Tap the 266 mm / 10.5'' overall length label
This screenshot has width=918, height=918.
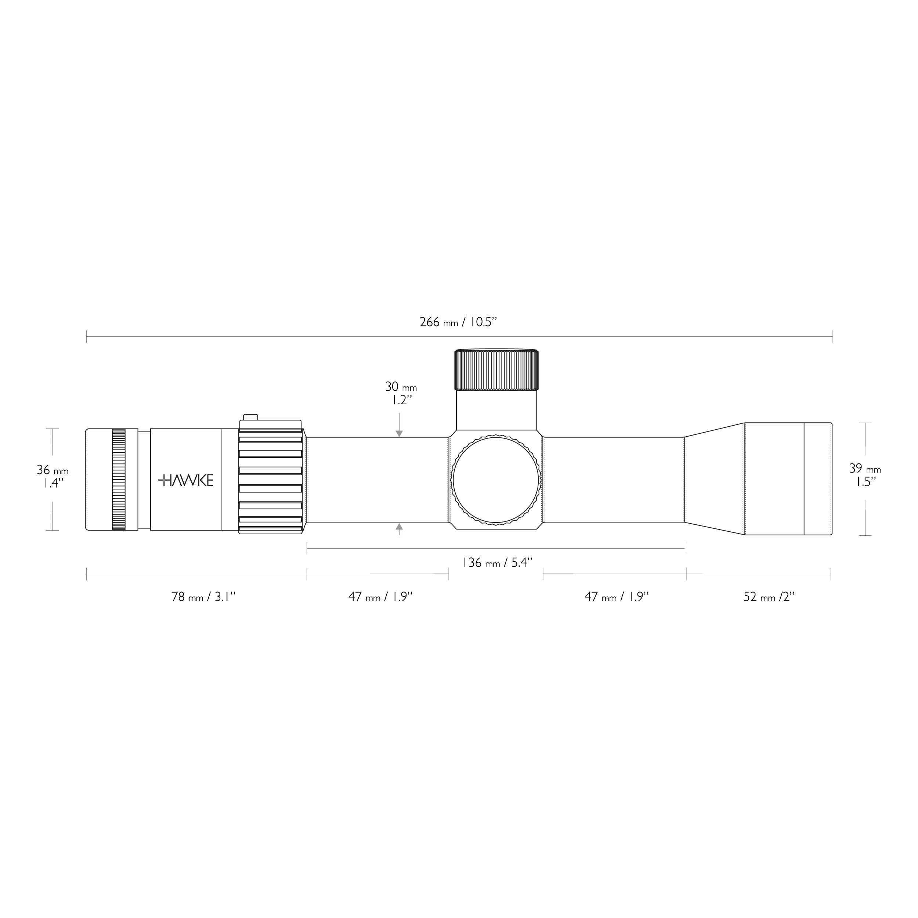click(458, 322)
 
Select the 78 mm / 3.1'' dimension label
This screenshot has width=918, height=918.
click(203, 597)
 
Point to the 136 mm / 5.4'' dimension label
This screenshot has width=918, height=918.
click(497, 563)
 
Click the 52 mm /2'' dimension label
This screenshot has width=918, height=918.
click(769, 597)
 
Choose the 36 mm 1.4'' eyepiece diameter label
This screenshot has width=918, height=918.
click(52, 477)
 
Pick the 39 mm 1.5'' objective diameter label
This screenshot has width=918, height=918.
click(865, 475)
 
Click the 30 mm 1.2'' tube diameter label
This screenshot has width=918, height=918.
click(401, 393)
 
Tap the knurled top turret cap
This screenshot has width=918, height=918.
click(496, 370)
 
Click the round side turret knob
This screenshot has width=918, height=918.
click(496, 480)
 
